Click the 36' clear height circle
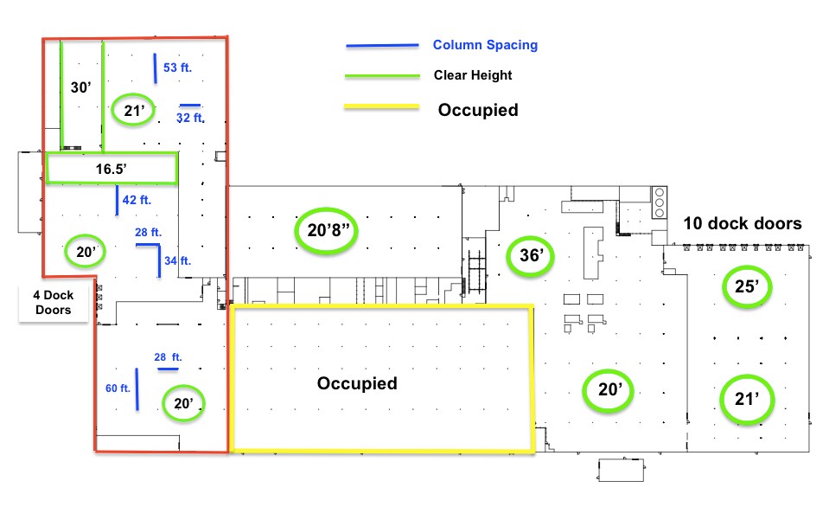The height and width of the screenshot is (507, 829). pos(530,238)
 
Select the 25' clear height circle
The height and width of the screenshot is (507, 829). pos(747,266)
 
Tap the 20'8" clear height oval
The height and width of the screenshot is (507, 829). pos(326,209)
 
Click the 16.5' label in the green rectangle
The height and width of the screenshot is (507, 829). pos(111,169)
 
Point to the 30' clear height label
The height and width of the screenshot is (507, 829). pos(81,87)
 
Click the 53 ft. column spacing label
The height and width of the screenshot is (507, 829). pos(178,67)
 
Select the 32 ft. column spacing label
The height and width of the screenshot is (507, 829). pos(190,118)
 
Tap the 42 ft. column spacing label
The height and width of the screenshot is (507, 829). pos(137,200)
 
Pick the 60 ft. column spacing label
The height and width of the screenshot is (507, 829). pos(118,388)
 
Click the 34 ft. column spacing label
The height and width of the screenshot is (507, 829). pos(178,260)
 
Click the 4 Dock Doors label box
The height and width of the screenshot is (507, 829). pos(54,303)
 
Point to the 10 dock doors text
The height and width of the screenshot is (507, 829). pos(743,223)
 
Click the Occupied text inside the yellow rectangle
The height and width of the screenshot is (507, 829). pos(357,383)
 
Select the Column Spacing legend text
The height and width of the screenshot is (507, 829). pos(485,45)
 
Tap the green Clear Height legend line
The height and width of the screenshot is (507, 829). pos(382,76)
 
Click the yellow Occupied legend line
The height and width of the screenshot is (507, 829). pos(381,107)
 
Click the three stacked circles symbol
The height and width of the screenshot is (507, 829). pos(660,202)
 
